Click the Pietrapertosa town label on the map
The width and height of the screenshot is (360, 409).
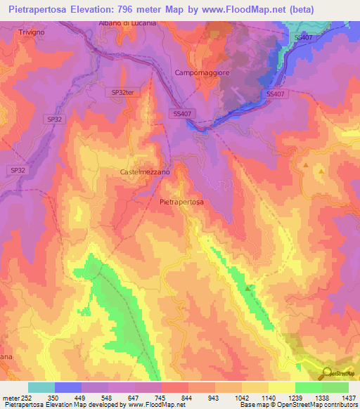[181, 202]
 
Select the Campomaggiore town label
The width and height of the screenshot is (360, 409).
[203, 73]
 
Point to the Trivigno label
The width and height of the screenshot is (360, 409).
[32, 32]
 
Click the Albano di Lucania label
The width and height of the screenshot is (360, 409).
[127, 23]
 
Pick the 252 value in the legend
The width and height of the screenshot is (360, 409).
[27, 397]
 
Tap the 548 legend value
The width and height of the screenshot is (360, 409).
[108, 397]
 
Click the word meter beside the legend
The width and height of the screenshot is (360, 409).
[10, 397]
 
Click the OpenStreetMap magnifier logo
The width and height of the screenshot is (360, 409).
[327, 372]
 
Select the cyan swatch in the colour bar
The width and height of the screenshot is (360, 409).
[41, 387]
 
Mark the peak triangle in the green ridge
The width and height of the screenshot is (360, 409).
[247, 288]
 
